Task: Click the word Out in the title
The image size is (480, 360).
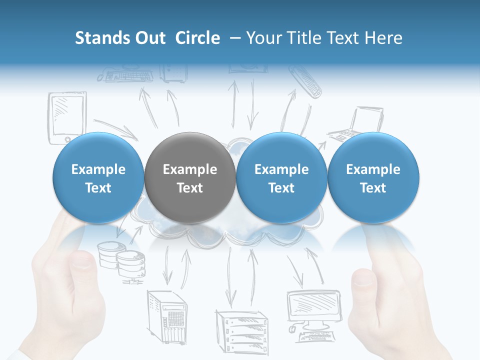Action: [149, 38]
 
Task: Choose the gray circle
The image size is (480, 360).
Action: [189, 177]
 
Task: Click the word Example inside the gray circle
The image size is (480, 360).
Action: [189, 169]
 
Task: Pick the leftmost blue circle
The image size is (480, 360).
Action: [98, 177]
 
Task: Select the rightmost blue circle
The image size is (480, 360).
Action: [373, 177]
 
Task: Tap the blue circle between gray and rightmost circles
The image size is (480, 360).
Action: [281, 177]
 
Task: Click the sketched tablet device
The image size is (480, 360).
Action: [67, 118]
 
